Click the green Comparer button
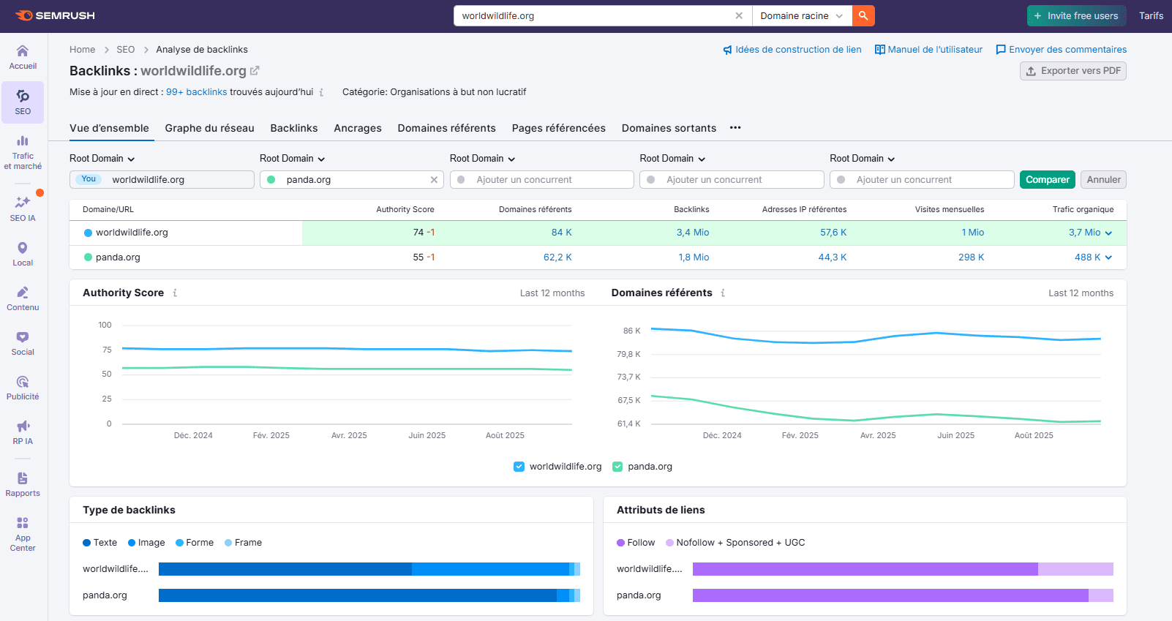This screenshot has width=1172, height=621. pyautogui.click(x=1047, y=180)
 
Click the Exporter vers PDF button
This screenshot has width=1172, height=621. pyautogui.click(x=1073, y=71)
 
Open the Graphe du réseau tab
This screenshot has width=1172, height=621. pyautogui.click(x=209, y=128)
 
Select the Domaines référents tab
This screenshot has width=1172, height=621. pyautogui.click(x=446, y=128)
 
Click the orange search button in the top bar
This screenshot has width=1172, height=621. pyautogui.click(x=863, y=15)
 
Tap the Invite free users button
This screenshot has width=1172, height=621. pyautogui.click(x=1075, y=15)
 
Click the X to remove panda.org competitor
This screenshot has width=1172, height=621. pyautogui.click(x=434, y=180)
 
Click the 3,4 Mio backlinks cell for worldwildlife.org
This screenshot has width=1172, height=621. pyautogui.click(x=692, y=233)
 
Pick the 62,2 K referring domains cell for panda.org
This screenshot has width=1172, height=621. pyautogui.click(x=557, y=257)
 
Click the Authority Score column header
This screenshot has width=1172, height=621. pyautogui.click(x=405, y=209)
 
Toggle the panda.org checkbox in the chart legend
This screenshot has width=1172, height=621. pyautogui.click(x=617, y=467)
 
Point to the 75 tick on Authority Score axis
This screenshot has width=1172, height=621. pyautogui.click(x=107, y=350)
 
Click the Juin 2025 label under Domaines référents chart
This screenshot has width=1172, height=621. pyautogui.click(x=955, y=435)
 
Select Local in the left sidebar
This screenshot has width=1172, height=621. pyautogui.click(x=23, y=254)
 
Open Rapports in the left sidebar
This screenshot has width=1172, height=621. pyautogui.click(x=23, y=484)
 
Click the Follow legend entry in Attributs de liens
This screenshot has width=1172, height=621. pyautogui.click(x=636, y=543)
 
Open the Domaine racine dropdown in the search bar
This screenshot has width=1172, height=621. pyautogui.click(x=801, y=15)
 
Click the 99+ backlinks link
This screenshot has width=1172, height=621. pyautogui.click(x=196, y=92)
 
